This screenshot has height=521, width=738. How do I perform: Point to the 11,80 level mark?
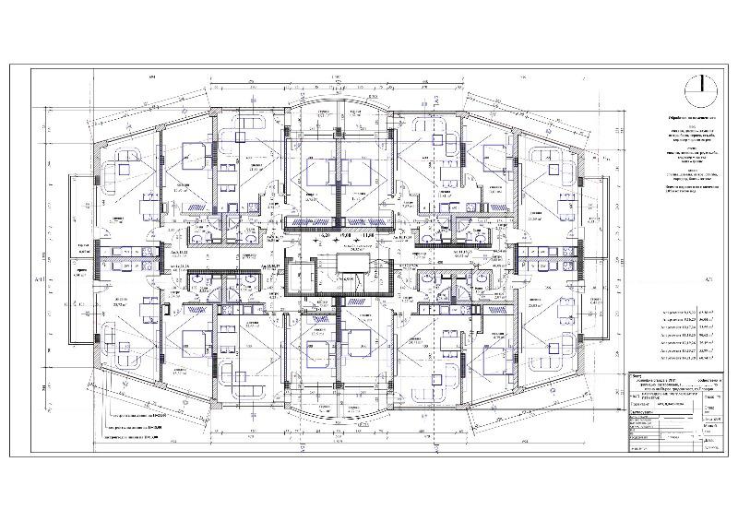[369, 236]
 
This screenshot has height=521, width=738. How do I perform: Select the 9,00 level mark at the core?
[347, 236]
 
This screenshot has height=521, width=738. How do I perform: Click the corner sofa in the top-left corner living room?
[122, 169]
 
